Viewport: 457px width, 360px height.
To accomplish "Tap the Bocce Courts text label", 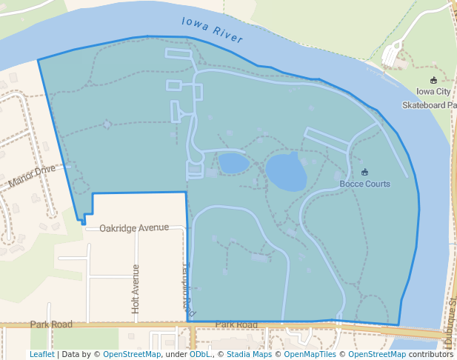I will (x=364, y=184).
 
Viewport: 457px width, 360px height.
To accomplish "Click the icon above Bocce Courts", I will (x=364, y=172).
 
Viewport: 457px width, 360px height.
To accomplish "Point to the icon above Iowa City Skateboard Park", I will (x=433, y=80).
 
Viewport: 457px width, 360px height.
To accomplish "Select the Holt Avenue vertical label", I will (x=136, y=288).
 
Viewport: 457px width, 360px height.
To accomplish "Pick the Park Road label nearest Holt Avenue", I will (x=51, y=324).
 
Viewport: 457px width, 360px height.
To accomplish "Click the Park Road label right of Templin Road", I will (x=236, y=325).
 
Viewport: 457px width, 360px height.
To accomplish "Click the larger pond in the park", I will (x=286, y=172).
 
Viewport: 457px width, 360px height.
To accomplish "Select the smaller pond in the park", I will (x=233, y=163).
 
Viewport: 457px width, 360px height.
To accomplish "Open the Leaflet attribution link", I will (x=42, y=354).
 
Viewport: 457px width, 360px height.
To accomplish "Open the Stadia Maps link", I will (x=250, y=354).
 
